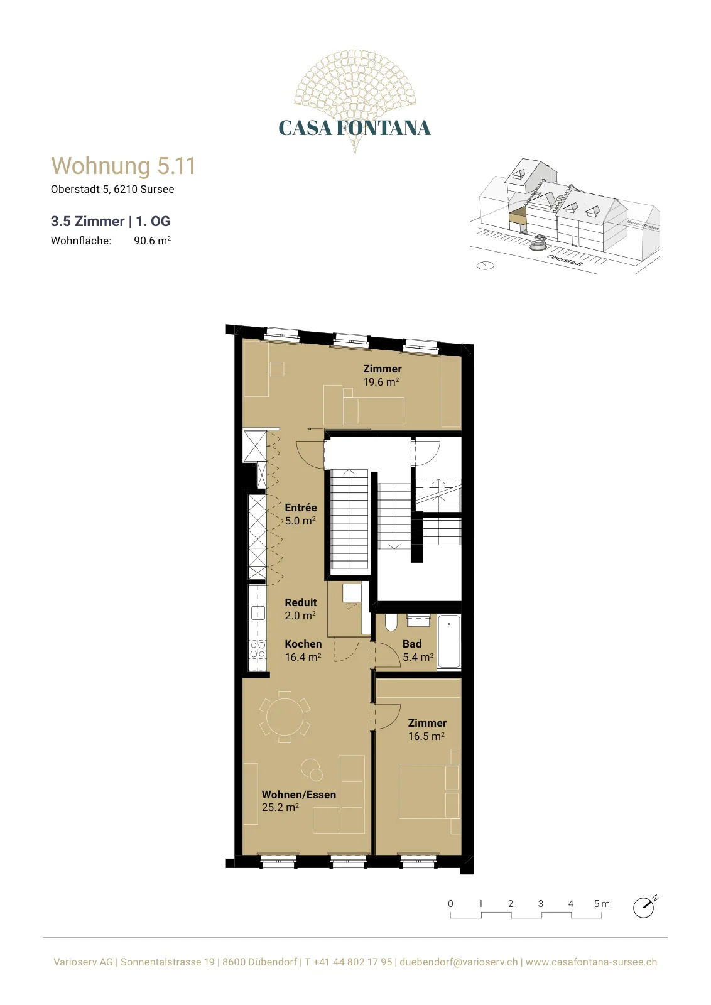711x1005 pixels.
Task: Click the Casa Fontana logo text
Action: click(x=354, y=128)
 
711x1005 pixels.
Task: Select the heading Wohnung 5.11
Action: click(x=123, y=166)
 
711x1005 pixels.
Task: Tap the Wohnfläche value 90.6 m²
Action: click(x=152, y=241)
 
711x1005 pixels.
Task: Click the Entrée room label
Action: click(x=301, y=508)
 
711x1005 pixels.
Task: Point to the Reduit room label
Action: click(x=301, y=602)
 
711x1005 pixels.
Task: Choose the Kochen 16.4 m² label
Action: click(x=303, y=650)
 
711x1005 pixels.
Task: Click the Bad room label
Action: click(x=412, y=644)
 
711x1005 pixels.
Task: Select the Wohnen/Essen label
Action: click(x=299, y=795)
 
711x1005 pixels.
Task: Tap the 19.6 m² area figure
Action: click(x=381, y=382)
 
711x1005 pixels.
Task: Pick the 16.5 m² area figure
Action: click(x=426, y=736)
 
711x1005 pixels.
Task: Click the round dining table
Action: click(x=285, y=717)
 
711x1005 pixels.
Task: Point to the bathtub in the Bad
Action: click(x=449, y=641)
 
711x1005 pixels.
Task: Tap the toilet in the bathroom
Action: click(x=391, y=622)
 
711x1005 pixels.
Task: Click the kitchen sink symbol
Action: click(x=258, y=612)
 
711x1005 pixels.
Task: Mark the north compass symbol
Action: click(x=644, y=908)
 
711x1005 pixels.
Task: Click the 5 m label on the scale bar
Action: click(x=602, y=904)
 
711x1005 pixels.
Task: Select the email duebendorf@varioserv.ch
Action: click(x=459, y=962)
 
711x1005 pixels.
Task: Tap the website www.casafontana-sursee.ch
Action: click(x=591, y=962)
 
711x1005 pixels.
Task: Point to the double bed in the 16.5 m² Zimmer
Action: click(x=429, y=791)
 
